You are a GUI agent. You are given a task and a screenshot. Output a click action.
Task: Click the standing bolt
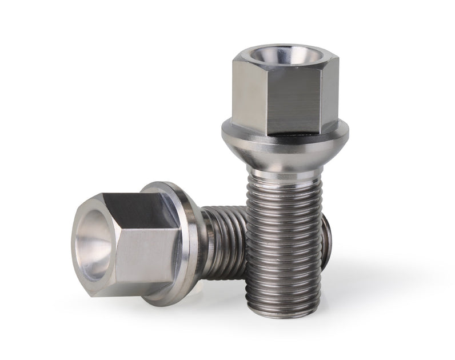[284, 171]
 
